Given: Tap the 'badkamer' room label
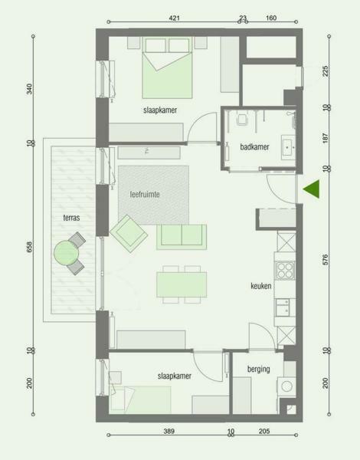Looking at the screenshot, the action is click(x=254, y=146).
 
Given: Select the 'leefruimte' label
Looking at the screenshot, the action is click(x=145, y=194).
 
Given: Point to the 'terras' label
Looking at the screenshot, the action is click(x=71, y=218).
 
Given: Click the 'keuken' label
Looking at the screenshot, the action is click(x=261, y=286).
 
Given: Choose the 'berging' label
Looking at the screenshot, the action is click(x=259, y=369).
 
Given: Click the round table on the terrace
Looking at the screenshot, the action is click(x=66, y=252).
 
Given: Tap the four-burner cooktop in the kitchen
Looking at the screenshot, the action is click(x=285, y=270).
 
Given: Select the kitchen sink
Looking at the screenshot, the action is click(x=283, y=307).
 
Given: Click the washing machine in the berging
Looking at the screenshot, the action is click(x=286, y=386).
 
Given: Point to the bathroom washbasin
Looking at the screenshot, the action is click(x=288, y=147).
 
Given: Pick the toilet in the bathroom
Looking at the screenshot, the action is click(x=242, y=119).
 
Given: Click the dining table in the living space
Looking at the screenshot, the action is click(x=182, y=284).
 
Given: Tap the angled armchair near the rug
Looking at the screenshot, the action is click(x=129, y=234).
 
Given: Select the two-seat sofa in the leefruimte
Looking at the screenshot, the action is click(x=182, y=237).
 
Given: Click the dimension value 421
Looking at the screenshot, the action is click(x=174, y=18).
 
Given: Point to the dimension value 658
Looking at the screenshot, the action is click(x=29, y=247).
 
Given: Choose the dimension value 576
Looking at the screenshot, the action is click(x=326, y=260).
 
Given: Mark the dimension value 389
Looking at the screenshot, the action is click(x=169, y=431).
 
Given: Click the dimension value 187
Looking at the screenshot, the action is click(x=326, y=138).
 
